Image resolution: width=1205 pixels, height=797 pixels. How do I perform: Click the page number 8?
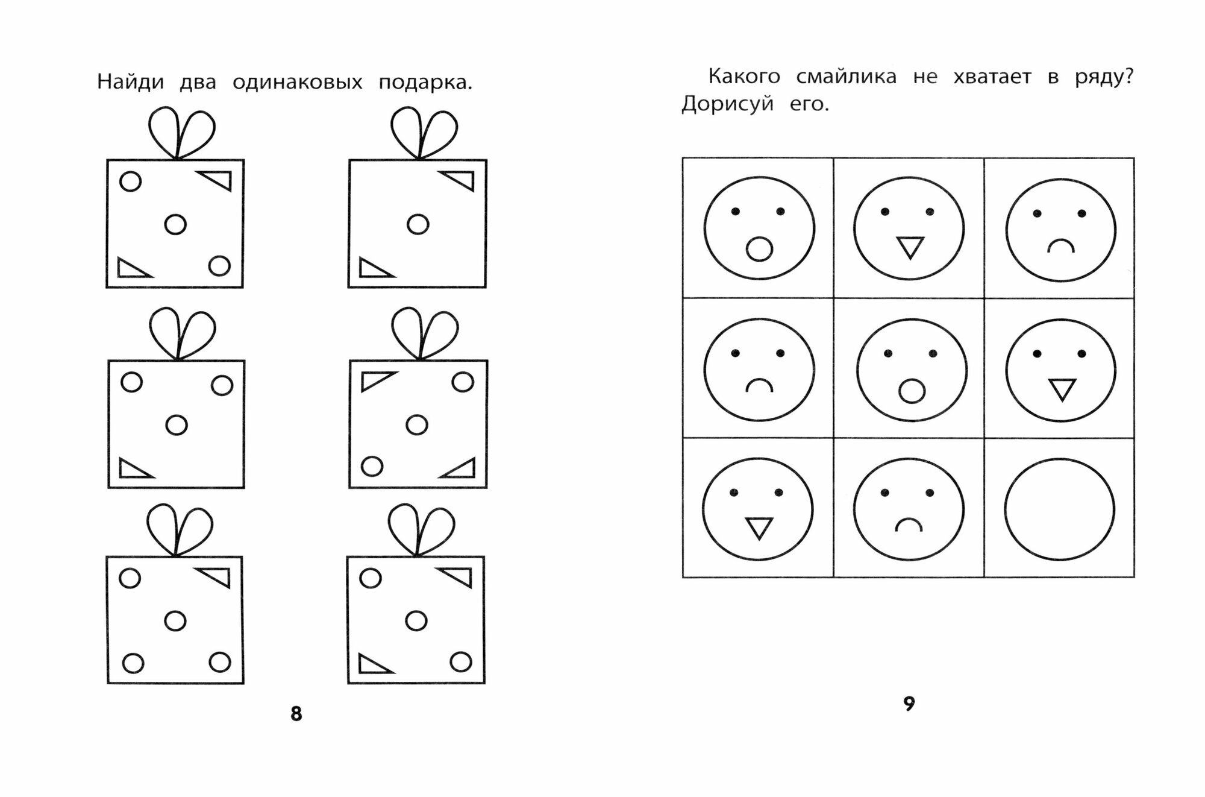point(296,714)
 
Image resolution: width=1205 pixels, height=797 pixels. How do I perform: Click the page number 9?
point(909,703)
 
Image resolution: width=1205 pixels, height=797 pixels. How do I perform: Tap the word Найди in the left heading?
point(130,82)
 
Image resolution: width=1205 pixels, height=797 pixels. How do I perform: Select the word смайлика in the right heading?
point(846,77)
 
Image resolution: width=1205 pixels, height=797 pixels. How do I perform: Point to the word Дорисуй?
point(727,104)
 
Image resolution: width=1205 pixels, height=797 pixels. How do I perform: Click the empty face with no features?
point(1059,509)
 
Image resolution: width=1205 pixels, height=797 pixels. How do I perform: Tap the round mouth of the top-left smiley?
point(759,249)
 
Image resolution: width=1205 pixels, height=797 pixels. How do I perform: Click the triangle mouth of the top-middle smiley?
point(910,247)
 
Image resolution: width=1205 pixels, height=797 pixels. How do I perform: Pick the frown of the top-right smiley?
point(1060,246)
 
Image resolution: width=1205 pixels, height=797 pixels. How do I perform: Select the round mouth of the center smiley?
point(911,391)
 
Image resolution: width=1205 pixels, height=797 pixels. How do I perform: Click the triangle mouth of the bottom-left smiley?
point(759,528)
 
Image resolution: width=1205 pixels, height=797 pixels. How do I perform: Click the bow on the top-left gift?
point(181,133)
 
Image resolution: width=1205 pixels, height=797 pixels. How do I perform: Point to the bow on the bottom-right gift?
point(421,530)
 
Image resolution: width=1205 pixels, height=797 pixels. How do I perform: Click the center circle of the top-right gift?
point(418,224)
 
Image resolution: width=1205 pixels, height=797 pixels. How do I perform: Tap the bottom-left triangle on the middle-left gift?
point(133,469)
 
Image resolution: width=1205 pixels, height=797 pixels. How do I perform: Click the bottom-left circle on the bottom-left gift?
point(133,663)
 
